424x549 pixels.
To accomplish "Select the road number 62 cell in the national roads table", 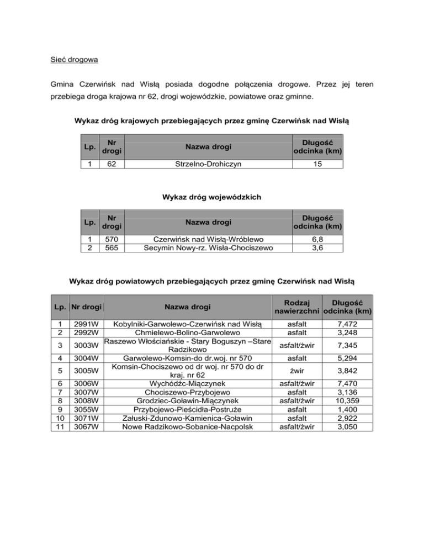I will [x=110, y=164].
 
